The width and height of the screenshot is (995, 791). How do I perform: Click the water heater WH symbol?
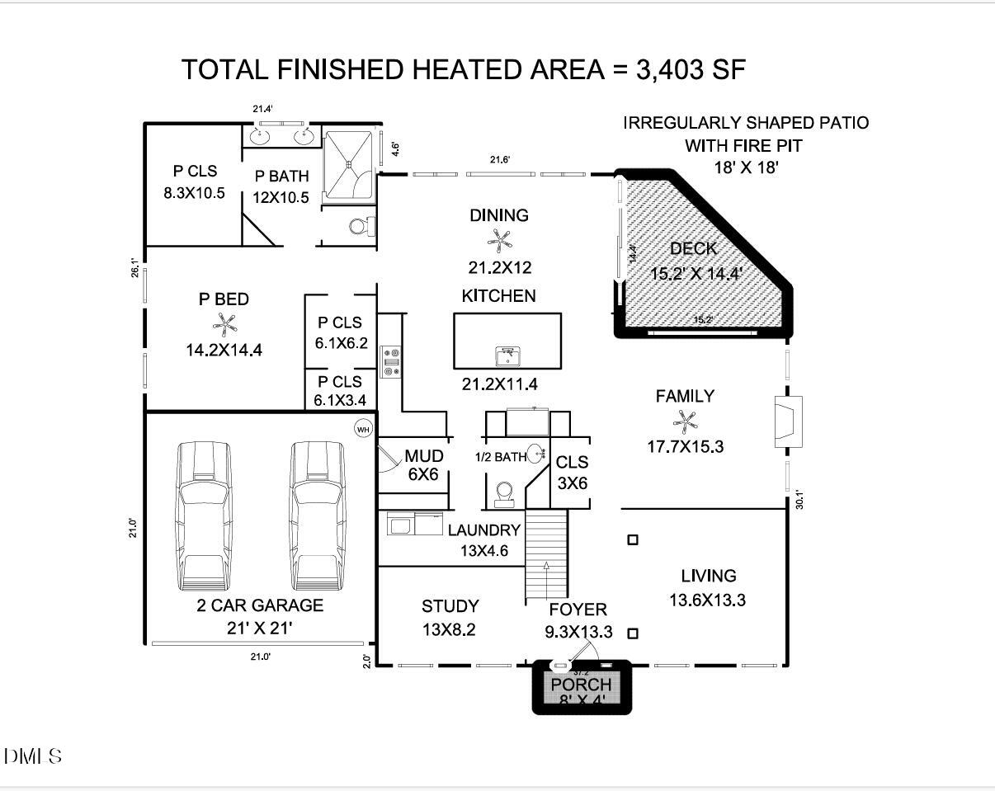pyautogui.click(x=363, y=428)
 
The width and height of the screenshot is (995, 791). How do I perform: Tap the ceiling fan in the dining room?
pyautogui.click(x=498, y=240)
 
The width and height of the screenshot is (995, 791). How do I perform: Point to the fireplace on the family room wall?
pyautogui.click(x=788, y=422)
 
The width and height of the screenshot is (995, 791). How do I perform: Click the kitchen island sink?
pyautogui.click(x=507, y=356)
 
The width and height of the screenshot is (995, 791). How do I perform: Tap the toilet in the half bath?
pyautogui.click(x=503, y=493)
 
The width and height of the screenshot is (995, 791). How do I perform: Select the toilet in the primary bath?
pyautogui.click(x=360, y=224)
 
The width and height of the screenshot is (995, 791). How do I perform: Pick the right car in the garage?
pyautogui.click(x=318, y=516)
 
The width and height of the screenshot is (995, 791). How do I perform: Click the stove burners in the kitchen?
pyautogui.click(x=390, y=361)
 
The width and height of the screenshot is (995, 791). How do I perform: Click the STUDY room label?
pyautogui.click(x=450, y=606)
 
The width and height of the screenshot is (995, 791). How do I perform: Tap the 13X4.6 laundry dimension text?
pyautogui.click(x=484, y=549)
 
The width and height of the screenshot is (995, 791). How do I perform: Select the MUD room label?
pyautogui.click(x=424, y=456)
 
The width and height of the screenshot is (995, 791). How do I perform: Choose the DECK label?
pyautogui.click(x=693, y=248)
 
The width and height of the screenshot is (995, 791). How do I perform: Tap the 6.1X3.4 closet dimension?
pyautogui.click(x=341, y=401)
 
